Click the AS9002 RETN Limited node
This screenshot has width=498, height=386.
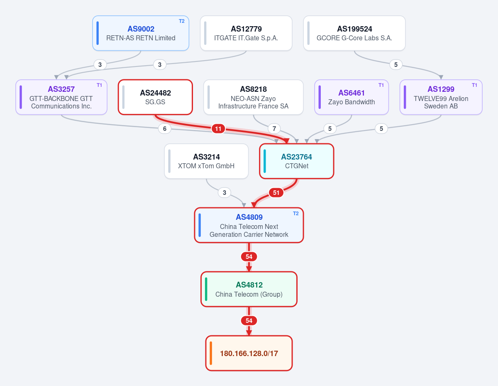(141, 33)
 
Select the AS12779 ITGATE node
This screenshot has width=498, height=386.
(246, 33)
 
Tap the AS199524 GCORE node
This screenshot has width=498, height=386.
(354, 33)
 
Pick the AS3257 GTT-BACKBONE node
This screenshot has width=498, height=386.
(61, 97)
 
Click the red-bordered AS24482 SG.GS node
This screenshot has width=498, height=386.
(155, 97)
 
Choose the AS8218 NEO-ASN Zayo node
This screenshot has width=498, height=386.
(254, 97)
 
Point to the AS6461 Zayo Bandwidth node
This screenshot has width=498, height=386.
(352, 97)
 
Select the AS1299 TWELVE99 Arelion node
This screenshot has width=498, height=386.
(441, 97)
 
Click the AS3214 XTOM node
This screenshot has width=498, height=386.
(206, 161)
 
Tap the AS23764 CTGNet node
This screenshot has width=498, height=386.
(297, 161)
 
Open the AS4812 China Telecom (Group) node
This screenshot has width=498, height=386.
(249, 289)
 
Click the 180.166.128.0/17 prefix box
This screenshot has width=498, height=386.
(249, 353)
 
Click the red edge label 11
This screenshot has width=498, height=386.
(218, 129)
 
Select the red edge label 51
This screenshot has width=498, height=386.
(276, 193)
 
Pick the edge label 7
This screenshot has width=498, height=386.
(274, 129)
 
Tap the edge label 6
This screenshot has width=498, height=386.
(165, 129)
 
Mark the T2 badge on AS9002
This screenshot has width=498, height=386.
(181, 21)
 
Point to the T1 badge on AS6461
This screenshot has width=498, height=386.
(381, 85)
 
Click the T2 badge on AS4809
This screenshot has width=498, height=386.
(295, 214)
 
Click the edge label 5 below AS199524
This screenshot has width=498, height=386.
(396, 65)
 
